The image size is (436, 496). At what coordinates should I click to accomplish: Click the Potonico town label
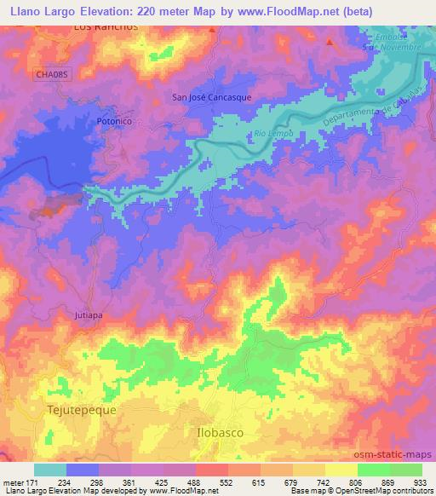pos(112,122)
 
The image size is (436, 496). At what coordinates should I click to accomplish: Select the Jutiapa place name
pos(86,314)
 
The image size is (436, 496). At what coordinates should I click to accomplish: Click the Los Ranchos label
pos(106,27)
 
